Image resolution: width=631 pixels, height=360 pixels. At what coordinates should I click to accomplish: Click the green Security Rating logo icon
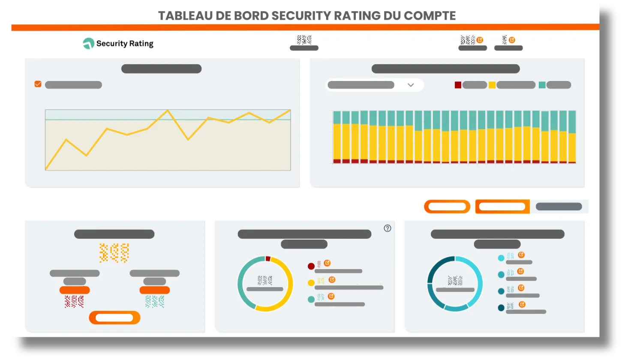pos(88,43)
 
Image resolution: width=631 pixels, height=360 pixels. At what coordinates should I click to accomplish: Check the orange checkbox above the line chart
pos(38,84)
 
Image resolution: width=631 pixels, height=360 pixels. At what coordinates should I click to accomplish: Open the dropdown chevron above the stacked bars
pos(410,85)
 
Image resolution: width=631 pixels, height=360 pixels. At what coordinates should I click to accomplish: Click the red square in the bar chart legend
pos(458,85)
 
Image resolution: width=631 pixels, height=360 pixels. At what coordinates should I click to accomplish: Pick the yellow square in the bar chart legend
pos(492,85)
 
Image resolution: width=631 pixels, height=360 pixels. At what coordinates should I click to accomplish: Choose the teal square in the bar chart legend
pos(542,85)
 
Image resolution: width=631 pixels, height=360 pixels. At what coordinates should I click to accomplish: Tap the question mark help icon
pos(388,228)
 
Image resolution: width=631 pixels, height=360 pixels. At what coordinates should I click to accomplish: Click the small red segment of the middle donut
pos(268,258)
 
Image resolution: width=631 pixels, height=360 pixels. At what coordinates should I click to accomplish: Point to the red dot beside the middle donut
pos(311,266)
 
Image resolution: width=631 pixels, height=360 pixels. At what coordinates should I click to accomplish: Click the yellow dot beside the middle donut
pos(311,283)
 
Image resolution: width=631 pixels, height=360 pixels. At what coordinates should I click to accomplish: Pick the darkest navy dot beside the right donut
pos(501,308)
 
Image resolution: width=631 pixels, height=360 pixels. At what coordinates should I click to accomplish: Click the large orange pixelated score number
pos(114,253)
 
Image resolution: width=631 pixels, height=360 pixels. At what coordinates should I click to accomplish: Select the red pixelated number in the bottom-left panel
pos(74,302)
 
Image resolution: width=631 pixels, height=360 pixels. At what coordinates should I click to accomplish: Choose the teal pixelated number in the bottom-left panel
pos(154,302)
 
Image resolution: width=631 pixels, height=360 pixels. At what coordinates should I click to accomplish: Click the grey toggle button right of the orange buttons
pos(559,207)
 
